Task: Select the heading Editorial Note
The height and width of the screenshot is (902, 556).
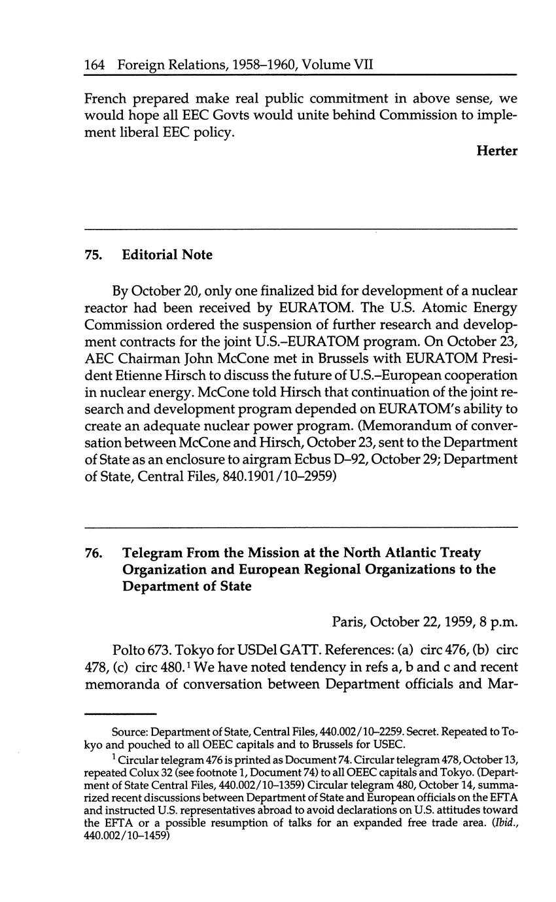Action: coord(167,255)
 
